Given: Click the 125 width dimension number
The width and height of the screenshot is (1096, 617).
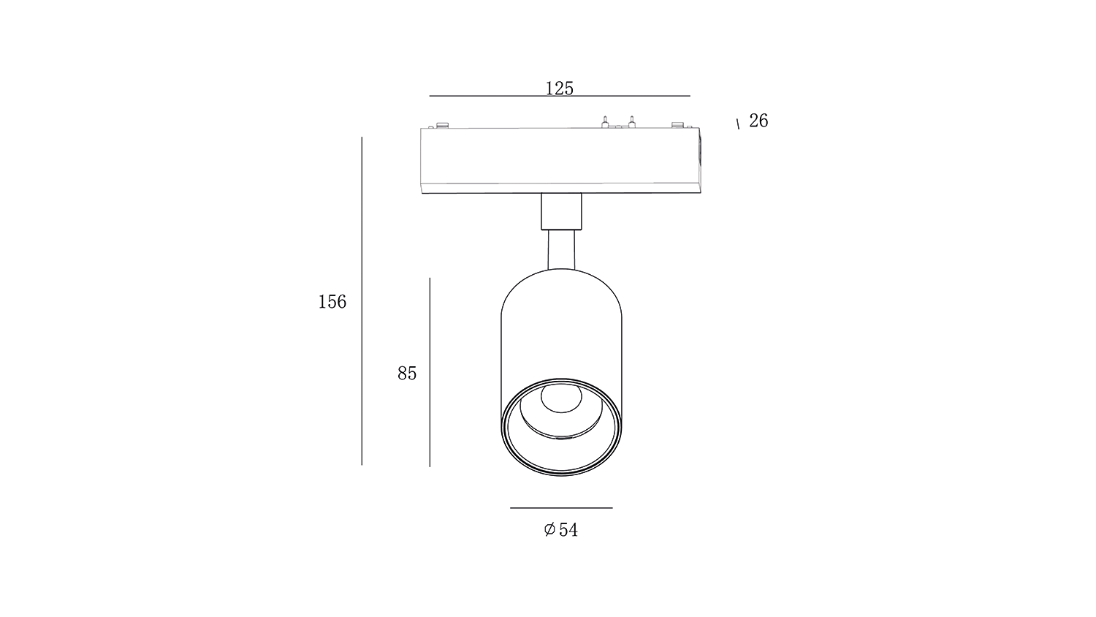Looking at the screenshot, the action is click(x=559, y=88).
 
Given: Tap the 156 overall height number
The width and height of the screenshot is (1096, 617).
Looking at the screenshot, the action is click(x=332, y=302).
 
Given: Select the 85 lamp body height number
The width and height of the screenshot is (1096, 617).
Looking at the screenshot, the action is click(x=406, y=373).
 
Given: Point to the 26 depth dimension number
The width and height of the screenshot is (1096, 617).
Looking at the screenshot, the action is click(x=758, y=121).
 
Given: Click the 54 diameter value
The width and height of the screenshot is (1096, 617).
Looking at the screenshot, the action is click(x=568, y=530).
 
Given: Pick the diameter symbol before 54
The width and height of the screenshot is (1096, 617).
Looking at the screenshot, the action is click(x=549, y=529).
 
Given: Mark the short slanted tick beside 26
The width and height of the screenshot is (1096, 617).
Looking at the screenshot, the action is click(x=738, y=124).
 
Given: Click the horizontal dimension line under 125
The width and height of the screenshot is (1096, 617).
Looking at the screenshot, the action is click(x=560, y=96).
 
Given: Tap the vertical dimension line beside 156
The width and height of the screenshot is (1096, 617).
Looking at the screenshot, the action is click(x=362, y=300).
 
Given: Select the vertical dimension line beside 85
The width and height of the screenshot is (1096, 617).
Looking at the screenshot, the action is click(x=430, y=372).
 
